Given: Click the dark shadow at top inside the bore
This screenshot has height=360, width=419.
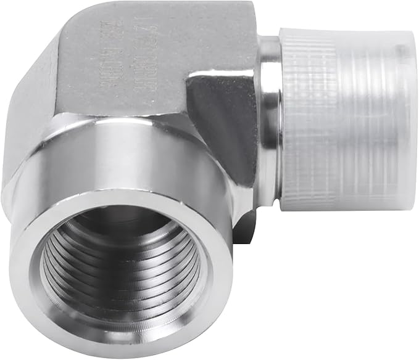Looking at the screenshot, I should [117, 222].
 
